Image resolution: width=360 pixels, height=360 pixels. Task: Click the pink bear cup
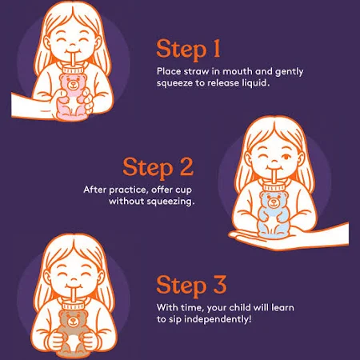[73, 94]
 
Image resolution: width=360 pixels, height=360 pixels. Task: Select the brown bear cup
[73, 330]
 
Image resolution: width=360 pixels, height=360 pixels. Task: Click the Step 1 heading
[188, 50]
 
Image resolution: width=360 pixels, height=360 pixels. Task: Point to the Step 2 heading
[158, 167]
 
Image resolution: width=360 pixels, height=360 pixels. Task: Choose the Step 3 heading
[191, 286]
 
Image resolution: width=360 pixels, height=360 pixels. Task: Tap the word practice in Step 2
[127, 190]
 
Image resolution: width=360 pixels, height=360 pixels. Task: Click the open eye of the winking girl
[286, 157]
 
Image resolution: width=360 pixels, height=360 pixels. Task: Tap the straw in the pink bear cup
[73, 60]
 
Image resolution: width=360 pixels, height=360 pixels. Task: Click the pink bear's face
[72, 84]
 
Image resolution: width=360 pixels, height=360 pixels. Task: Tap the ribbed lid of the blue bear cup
[274, 187]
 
